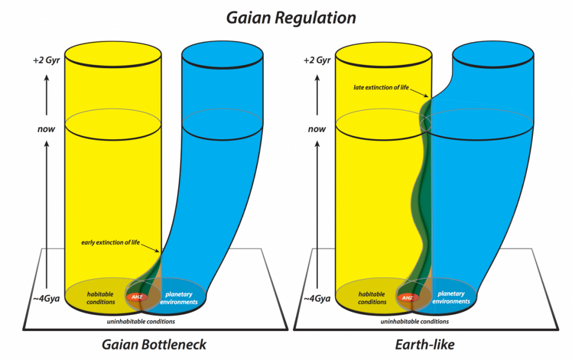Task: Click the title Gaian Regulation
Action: [290, 17]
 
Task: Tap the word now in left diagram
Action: [46, 129]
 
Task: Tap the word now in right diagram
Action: [317, 129]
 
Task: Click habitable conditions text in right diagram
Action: [371, 298]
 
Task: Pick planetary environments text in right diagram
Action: [451, 297]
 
